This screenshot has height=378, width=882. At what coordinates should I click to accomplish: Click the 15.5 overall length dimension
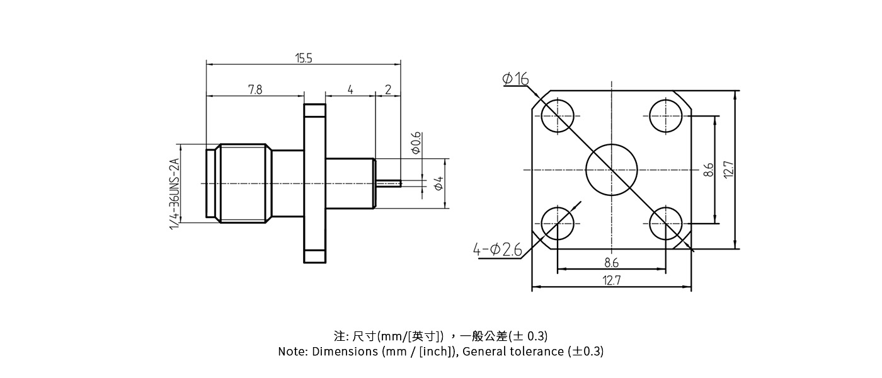304,59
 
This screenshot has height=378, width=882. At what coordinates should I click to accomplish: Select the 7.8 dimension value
255,90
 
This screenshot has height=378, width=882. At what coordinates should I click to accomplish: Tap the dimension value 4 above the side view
350,90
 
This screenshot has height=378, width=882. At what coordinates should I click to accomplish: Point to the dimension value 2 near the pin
388,90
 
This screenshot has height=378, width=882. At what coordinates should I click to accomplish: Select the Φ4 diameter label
439,184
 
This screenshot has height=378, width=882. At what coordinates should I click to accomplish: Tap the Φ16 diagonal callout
515,79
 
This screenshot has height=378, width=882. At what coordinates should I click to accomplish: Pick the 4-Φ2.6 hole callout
498,250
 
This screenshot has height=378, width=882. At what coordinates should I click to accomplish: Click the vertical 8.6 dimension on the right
709,169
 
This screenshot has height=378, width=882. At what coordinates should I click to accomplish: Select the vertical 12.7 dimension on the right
728,169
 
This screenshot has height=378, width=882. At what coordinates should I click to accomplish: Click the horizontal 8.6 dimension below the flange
611,263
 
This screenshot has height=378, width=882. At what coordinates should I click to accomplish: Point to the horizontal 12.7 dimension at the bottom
611,281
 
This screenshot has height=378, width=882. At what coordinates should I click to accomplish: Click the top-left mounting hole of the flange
558,116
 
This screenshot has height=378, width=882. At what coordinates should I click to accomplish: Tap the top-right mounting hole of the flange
665,116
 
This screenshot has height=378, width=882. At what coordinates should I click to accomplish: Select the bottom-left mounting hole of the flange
558,223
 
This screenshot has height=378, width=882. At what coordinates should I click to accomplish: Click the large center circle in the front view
611,169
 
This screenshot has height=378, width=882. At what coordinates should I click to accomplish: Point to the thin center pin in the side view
389,184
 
